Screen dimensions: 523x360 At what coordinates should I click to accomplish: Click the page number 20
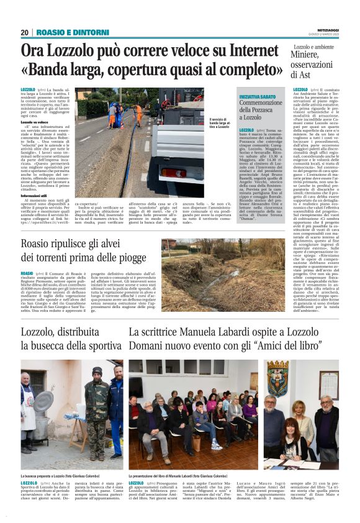(x=25, y=32)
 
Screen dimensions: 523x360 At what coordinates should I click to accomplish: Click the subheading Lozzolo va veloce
(x=35, y=122)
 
